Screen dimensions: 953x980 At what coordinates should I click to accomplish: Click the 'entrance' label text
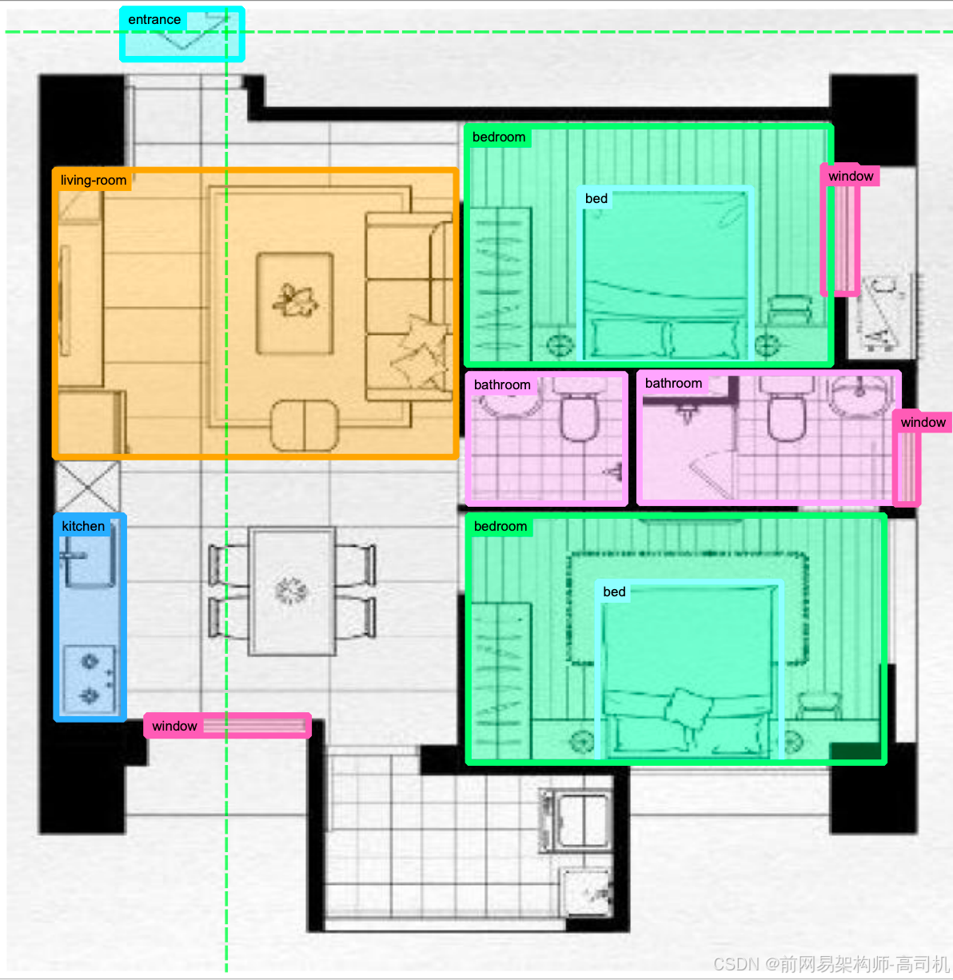[x=154, y=20]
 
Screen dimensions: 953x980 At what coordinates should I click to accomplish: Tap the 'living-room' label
[x=94, y=181]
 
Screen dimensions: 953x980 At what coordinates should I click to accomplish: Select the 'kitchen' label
[x=83, y=526]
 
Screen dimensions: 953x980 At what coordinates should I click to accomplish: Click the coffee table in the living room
[x=295, y=303]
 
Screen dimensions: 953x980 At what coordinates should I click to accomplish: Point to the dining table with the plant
[x=292, y=591]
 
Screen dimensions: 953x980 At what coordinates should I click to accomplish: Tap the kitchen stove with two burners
[x=90, y=679]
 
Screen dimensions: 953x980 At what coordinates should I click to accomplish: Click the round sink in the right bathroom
[x=859, y=396]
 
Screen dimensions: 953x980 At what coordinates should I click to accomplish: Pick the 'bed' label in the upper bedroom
[x=596, y=198]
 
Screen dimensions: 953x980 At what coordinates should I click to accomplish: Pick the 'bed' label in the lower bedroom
[x=614, y=592]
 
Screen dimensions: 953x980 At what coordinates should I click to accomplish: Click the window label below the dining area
[x=174, y=726]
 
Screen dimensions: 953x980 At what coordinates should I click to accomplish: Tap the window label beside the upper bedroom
[x=851, y=177]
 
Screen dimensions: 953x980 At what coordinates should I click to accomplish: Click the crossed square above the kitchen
[x=88, y=487]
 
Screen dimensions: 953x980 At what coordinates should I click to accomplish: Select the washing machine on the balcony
[x=576, y=821]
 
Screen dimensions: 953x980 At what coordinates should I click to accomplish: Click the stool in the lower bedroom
[x=819, y=704]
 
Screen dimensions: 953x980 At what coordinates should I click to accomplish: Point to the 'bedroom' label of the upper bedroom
[x=499, y=137]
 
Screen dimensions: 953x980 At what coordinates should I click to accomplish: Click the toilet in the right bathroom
[x=786, y=408]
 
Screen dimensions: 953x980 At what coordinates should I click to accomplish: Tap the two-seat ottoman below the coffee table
[x=305, y=425]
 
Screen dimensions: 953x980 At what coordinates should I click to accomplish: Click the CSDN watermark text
[x=831, y=963]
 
